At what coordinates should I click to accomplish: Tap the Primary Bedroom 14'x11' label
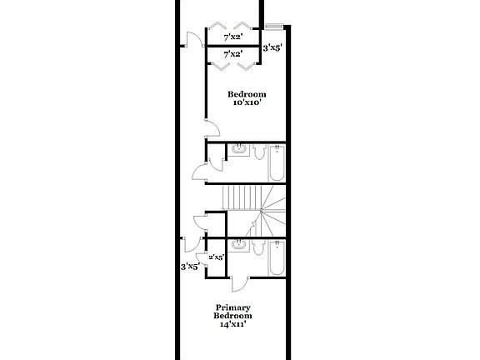233,316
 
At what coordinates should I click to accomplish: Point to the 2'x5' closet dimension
217,257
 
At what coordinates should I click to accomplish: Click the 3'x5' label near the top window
272,48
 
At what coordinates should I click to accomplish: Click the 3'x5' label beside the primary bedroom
190,267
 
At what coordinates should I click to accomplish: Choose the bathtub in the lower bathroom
277,258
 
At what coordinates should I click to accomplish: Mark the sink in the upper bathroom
239,149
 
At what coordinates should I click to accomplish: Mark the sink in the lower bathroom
239,245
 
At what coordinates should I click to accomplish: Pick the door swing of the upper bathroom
200,172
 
